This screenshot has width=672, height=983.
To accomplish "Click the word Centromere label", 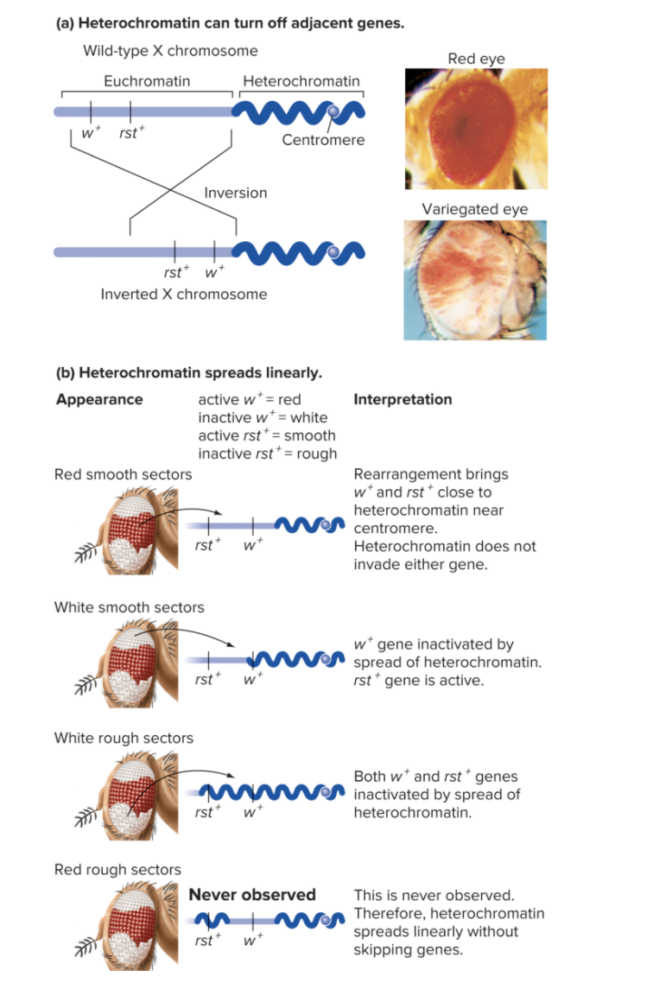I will click(323, 140).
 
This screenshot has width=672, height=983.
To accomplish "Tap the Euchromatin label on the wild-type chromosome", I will click(147, 81).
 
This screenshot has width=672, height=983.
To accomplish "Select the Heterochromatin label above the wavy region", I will click(301, 81).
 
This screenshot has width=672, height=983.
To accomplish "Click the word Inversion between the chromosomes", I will click(236, 193).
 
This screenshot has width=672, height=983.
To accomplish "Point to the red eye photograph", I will click(476, 129).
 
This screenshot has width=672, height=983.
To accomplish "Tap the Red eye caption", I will click(476, 59).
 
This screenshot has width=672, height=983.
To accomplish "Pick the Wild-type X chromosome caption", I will click(170, 51).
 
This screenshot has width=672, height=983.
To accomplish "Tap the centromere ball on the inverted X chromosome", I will click(333, 251).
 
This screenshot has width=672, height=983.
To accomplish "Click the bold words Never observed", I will click(252, 895).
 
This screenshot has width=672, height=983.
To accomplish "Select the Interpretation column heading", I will click(403, 399).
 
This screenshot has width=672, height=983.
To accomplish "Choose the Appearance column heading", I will click(99, 399).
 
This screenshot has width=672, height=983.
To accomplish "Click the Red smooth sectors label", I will click(123, 474).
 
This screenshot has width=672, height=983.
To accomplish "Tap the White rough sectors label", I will click(124, 738).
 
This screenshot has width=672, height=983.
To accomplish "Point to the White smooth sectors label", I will click(129, 607).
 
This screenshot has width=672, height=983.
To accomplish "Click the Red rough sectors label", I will click(117, 870).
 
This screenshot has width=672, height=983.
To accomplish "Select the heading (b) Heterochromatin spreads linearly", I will click(188, 373).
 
